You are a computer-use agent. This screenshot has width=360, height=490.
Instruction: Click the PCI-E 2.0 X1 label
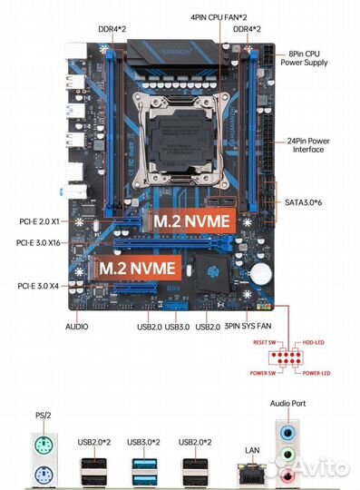click(x=40, y=221)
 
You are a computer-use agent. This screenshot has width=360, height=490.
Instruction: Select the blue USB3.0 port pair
click(x=145, y=471)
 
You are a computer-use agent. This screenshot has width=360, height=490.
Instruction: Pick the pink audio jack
click(x=287, y=474)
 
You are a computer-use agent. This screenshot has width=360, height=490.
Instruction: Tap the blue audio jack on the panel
click(x=287, y=432)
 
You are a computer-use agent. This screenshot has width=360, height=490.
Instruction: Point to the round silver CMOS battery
click(x=262, y=270)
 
